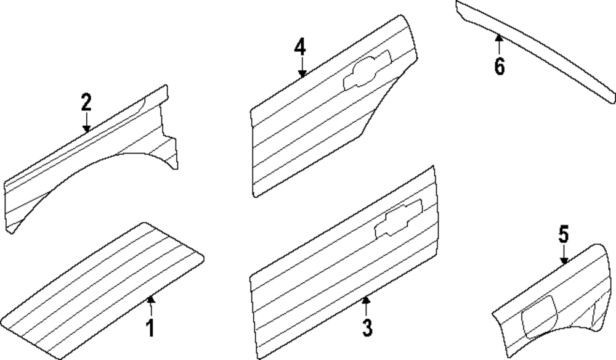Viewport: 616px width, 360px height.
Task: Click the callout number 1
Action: [150, 328]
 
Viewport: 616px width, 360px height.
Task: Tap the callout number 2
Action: [86, 102]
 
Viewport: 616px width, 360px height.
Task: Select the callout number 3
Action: [367, 328]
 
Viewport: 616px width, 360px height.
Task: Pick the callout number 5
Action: [564, 234]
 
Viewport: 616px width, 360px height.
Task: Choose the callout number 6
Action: [500, 65]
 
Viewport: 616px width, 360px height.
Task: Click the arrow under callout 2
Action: [86, 122]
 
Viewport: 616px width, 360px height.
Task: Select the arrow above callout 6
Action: [499, 45]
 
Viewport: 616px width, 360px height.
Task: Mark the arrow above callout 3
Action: [366, 306]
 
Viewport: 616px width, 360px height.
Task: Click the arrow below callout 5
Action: [564, 255]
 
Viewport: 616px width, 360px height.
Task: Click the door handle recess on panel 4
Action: [368, 70]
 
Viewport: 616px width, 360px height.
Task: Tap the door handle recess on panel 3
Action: [399, 219]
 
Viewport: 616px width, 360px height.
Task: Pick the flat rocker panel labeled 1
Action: [102, 291]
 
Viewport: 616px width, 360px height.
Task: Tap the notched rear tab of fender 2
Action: [169, 151]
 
